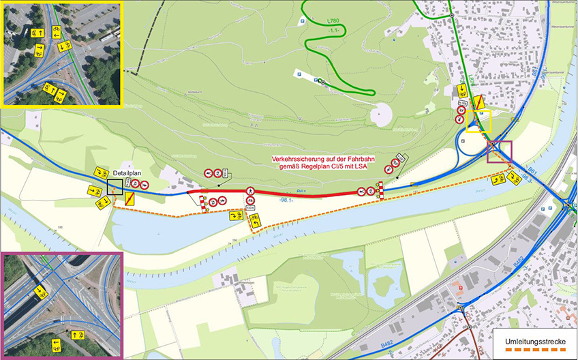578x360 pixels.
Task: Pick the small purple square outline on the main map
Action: (500, 151)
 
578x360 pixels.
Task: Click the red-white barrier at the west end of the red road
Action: (202, 200)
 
